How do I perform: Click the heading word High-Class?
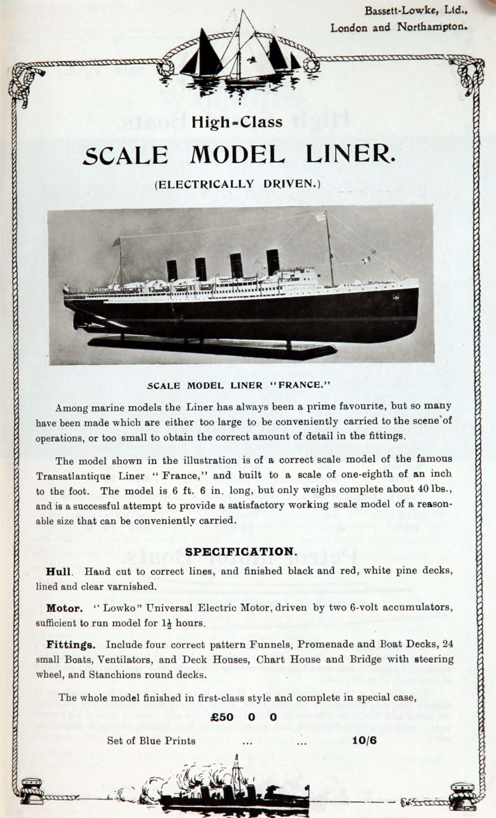click(237, 122)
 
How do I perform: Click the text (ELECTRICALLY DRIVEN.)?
click(238, 185)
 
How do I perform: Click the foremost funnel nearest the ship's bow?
click(273, 262)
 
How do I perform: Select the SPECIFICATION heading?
click(240, 552)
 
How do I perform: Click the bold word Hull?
click(58, 571)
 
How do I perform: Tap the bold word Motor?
click(64, 608)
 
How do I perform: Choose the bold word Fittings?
click(70, 644)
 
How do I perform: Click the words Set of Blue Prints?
click(151, 740)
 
